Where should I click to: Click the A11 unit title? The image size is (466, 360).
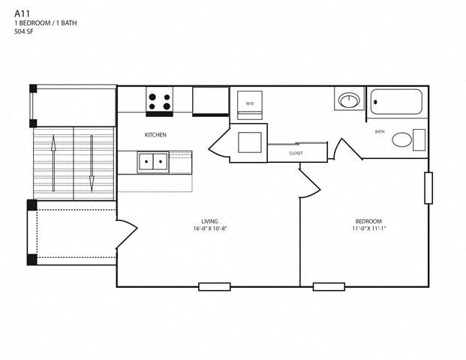[22, 13]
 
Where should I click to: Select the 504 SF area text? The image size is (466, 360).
[24, 31]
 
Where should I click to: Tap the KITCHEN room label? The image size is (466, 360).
[155, 135]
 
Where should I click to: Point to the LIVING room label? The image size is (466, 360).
[210, 221]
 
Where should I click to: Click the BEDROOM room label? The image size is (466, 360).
[368, 221]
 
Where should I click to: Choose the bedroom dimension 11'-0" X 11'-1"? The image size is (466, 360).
[368, 229]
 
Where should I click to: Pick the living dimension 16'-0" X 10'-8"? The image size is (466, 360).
[210, 229]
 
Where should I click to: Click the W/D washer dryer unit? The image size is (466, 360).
[250, 105]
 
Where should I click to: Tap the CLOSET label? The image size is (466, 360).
[296, 153]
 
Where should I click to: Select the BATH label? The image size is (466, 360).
[380, 131]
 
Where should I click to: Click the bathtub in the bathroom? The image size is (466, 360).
[396, 102]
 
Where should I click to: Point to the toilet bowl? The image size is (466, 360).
[402, 139]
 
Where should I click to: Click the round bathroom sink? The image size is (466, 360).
[350, 100]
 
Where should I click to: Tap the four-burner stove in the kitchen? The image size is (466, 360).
[159, 101]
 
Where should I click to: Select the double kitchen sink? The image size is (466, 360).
[153, 162]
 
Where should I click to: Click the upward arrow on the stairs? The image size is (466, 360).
[53, 163]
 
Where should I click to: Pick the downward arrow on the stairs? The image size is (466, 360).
[92, 163]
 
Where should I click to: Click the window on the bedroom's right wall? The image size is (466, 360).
[428, 187]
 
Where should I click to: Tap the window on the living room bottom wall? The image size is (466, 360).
[215, 286]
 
